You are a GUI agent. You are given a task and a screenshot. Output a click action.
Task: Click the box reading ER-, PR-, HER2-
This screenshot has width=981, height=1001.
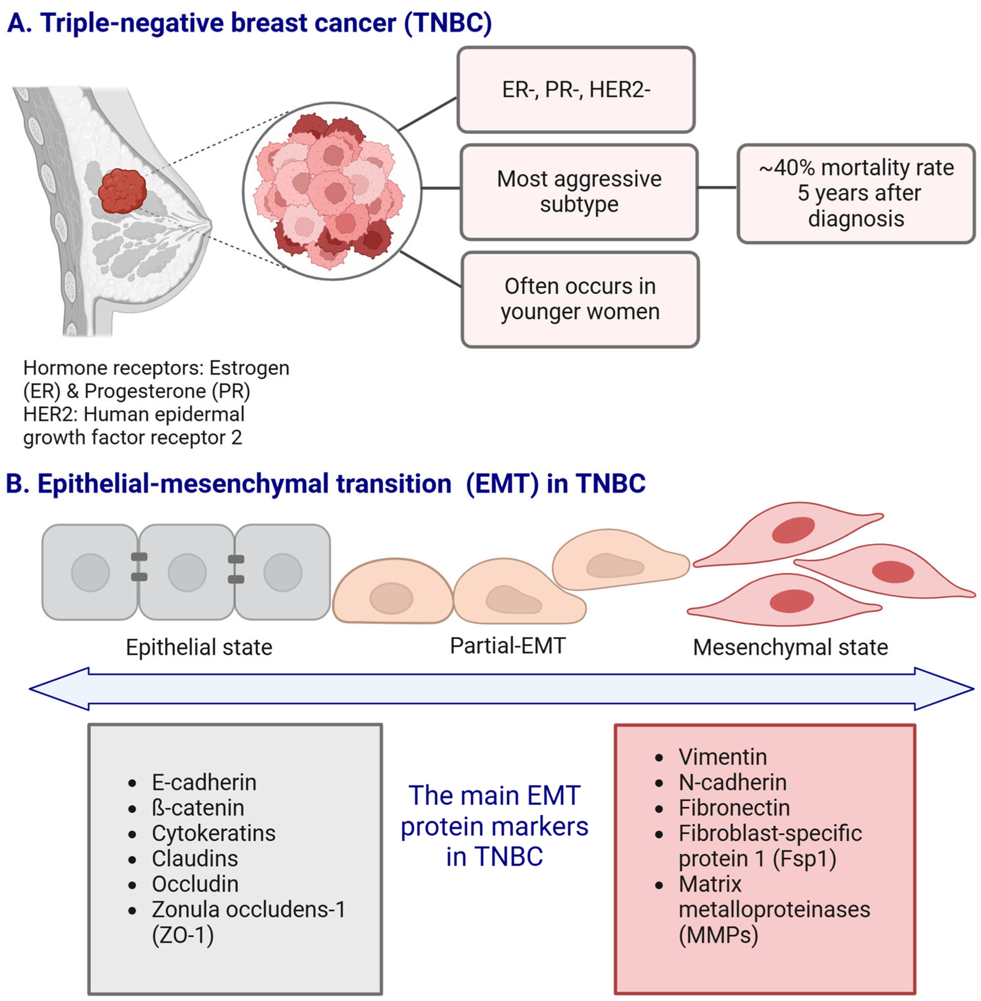point(576,90)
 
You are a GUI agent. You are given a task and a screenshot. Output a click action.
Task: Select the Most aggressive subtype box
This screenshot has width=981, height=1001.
point(579,192)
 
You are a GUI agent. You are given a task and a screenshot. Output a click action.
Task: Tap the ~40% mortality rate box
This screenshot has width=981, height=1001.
point(856,193)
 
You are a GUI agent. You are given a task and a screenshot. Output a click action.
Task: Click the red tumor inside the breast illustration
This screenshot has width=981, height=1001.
point(122,191)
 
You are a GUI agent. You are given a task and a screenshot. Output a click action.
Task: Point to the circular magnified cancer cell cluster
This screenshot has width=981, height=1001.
point(332,191)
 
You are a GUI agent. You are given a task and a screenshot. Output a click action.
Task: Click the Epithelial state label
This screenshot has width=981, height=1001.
point(199,647)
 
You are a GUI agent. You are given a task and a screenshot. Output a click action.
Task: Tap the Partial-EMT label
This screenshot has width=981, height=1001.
point(508,646)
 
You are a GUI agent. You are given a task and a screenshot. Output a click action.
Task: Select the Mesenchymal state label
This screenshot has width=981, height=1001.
point(790,647)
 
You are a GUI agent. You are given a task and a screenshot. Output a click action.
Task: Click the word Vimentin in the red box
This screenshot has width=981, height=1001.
point(722,757)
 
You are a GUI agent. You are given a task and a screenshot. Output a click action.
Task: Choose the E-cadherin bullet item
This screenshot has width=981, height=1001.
point(204,782)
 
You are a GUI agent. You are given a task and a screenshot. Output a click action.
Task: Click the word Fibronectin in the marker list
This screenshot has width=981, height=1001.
point(734,807)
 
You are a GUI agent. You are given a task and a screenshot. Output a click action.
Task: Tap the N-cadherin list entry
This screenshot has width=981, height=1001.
point(732,782)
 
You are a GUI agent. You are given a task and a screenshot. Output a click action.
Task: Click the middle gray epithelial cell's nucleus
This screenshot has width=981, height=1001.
point(187,572)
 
